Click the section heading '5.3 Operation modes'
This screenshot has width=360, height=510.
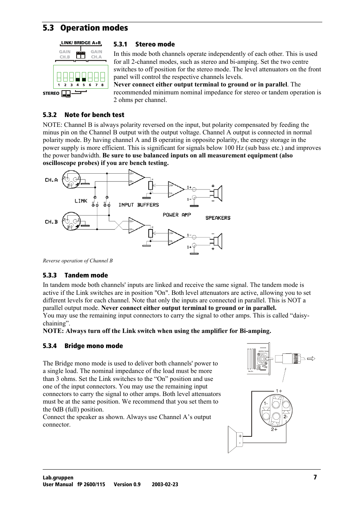tap(85, 28)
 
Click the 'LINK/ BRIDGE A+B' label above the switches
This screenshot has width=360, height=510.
tap(81, 43)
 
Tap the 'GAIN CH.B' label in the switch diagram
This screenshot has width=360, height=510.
tap(65, 54)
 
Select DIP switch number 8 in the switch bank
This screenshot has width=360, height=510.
tap(102, 77)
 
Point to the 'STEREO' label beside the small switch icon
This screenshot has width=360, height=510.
tap(51, 94)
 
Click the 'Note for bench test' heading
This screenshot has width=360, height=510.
tap(94, 115)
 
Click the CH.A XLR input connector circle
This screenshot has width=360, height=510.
tap(71, 179)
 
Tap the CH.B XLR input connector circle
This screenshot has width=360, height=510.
tap(71, 221)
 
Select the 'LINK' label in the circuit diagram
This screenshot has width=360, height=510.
tap(81, 201)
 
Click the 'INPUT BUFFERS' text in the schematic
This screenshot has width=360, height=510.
tap(138, 205)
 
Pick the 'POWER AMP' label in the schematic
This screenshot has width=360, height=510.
tap(177, 215)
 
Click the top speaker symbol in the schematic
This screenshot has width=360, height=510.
tap(218, 194)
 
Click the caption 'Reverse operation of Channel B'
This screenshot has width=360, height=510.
tap(78, 261)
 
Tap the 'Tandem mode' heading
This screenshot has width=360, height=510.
tap(86, 275)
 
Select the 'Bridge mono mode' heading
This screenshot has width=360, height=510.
tap(94, 346)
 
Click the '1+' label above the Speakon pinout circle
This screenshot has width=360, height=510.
tap(279, 391)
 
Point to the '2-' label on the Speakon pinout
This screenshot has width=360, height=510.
tap(286, 417)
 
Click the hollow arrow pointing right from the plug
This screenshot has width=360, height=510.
tap(311, 359)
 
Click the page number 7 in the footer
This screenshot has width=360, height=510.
tap(315, 477)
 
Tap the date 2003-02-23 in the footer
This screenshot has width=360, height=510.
tap(165, 484)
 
